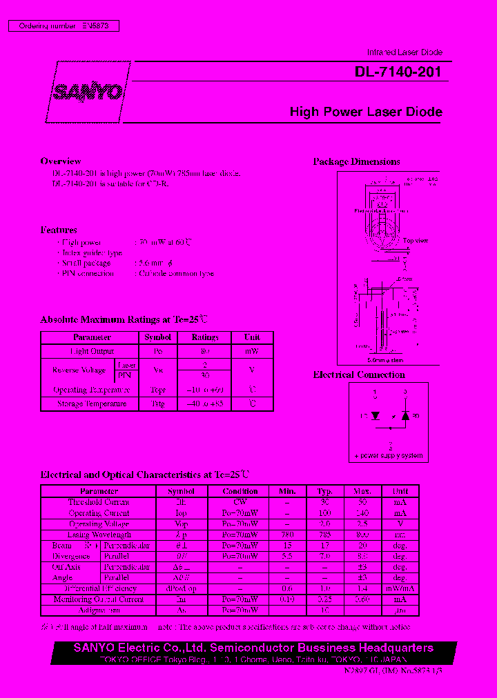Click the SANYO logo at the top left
(88, 92)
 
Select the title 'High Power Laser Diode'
(366, 112)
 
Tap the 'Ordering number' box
(64, 26)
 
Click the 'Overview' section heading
(61, 161)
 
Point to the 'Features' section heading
(59, 230)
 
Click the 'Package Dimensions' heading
(356, 162)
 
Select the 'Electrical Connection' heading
(359, 375)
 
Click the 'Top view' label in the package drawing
(416, 241)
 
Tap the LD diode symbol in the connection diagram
(376, 416)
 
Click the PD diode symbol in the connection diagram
(406, 416)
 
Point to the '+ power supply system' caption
(390, 456)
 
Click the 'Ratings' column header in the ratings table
(204, 337)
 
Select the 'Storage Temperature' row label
(92, 403)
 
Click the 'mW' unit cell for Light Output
(252, 351)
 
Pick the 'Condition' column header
(240, 491)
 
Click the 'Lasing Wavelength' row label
(99, 535)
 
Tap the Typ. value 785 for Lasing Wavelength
(324, 535)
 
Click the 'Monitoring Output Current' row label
(99, 599)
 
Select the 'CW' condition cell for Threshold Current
(240, 502)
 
